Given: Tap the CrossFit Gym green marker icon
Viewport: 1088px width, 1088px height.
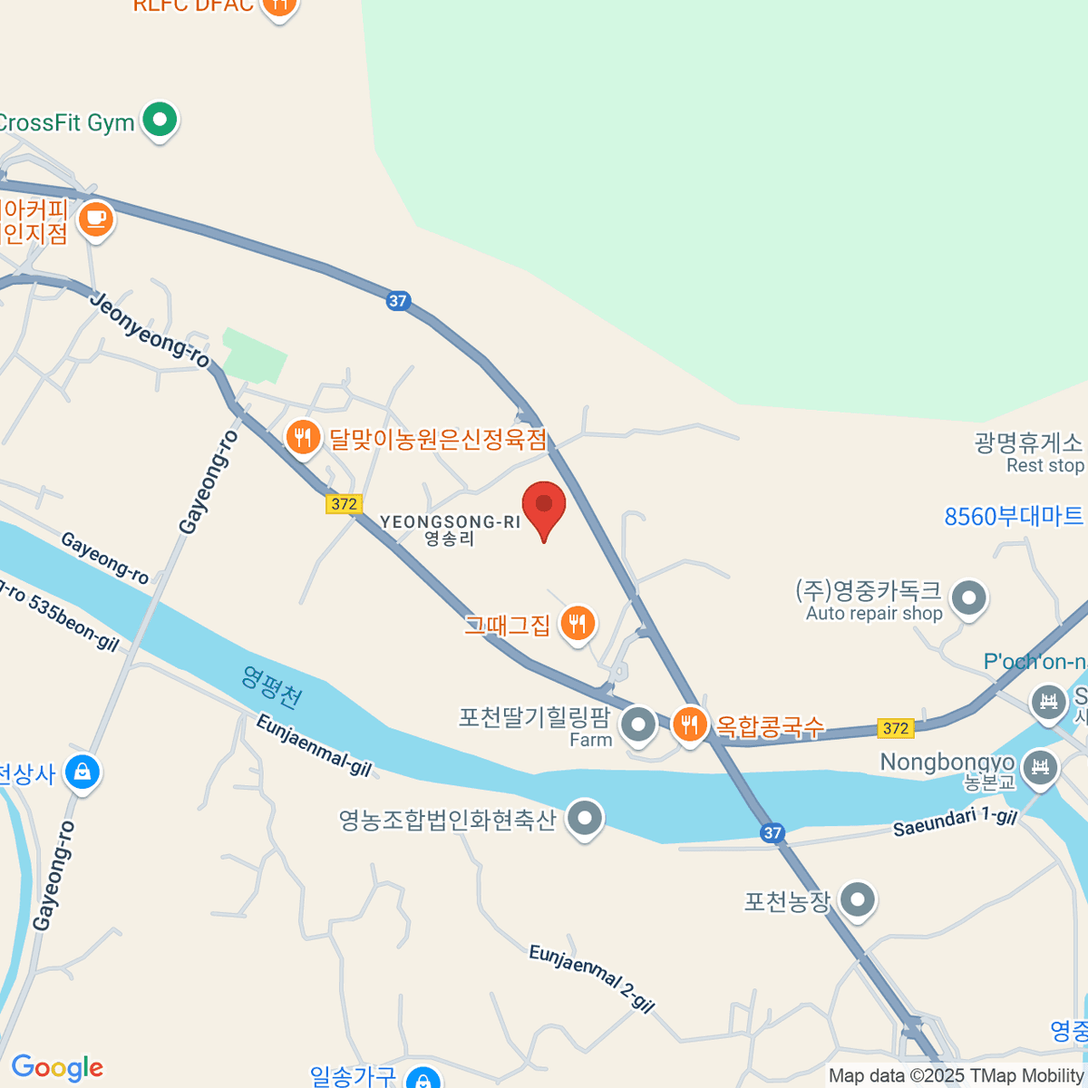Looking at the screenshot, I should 160,120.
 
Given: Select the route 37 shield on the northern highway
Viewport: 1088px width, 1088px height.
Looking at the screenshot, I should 398,301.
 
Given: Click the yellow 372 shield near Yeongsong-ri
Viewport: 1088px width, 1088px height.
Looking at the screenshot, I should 345,504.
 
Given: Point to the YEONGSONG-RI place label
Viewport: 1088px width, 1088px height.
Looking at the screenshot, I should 451,522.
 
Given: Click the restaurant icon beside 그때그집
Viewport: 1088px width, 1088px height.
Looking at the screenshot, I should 578,623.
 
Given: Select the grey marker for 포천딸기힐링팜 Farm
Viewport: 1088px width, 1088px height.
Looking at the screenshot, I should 639,724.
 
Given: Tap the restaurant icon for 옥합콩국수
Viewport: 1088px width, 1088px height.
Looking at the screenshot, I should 690,724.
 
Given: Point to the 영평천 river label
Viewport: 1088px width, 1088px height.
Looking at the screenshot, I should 271,688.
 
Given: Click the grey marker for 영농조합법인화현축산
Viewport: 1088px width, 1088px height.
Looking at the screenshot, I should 585,819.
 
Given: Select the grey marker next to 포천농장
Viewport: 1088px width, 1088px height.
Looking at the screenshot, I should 857,900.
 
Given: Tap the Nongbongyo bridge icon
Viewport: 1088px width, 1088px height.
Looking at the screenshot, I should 1040,768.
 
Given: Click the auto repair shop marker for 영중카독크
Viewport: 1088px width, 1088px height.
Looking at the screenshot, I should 969,597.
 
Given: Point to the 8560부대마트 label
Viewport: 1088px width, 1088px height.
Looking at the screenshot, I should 1014,517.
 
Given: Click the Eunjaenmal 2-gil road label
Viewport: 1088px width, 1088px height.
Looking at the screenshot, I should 591,978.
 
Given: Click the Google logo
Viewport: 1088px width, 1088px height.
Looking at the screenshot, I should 57,1068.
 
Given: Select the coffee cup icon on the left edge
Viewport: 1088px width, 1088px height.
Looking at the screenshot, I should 95,219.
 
